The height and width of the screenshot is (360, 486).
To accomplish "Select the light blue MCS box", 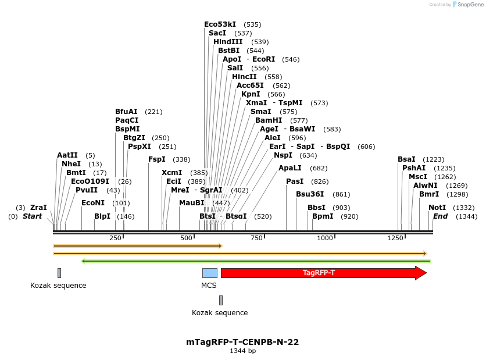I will coord(209,273).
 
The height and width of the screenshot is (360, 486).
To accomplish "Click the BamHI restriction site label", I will coord(269,120).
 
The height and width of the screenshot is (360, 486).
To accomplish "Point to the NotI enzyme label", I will coord(437,208).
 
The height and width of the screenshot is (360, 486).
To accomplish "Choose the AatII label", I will coord(67,155).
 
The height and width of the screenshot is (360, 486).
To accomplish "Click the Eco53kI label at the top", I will coord(220,24).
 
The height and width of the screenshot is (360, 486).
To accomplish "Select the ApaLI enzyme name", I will coord(291,168).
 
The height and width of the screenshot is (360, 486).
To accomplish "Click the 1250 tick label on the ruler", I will coord(395,238).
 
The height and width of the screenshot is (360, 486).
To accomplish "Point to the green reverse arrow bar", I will coord(256,261).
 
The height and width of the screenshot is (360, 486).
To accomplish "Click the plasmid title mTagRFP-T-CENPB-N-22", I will coord(242,342).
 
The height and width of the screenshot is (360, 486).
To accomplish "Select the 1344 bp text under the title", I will coord(242,351).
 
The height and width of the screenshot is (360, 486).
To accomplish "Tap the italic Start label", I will coord(33,216).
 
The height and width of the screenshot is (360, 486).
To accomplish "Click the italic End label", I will coord(440,216).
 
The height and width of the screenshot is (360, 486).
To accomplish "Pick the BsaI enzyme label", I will coord(407,159).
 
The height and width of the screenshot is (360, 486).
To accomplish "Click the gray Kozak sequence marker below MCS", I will coord(221,300).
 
